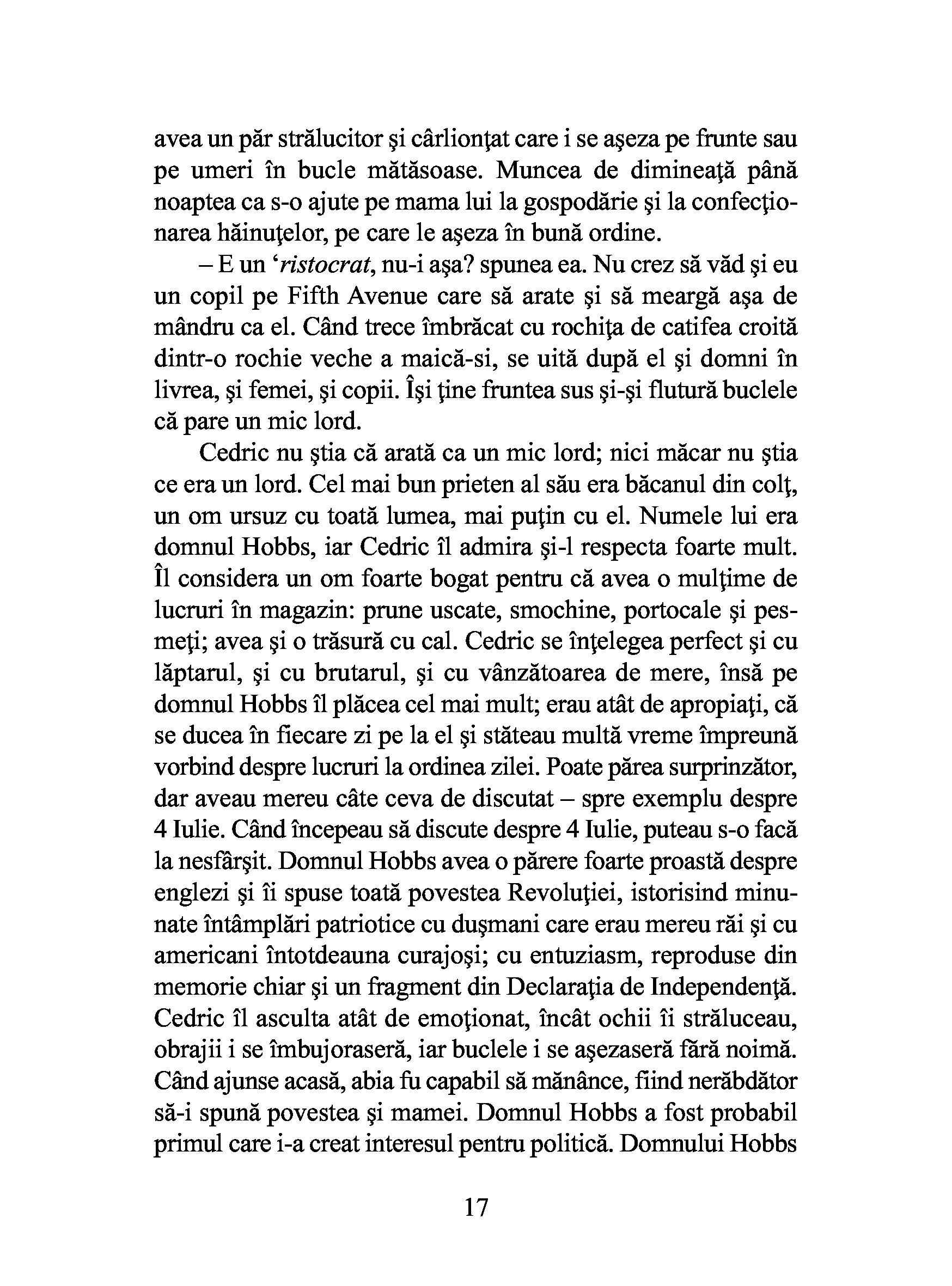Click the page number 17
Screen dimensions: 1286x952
point(476,1207)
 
